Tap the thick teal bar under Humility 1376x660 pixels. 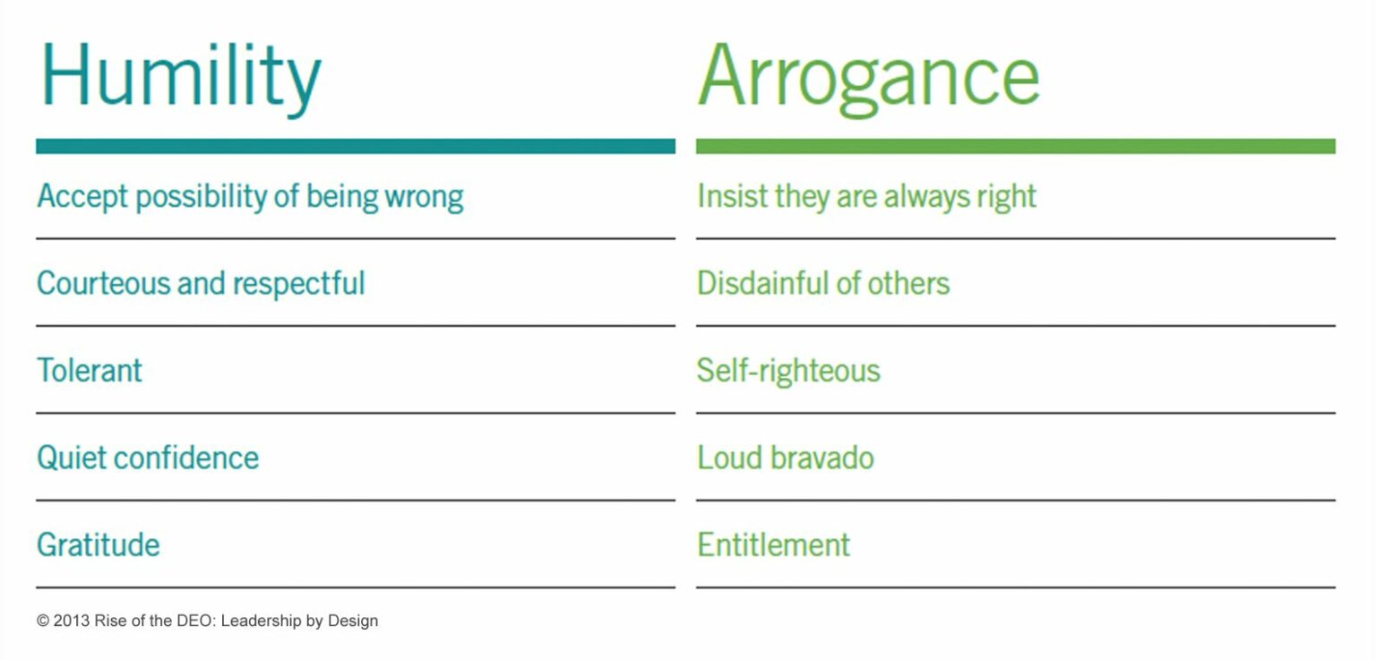coord(355,146)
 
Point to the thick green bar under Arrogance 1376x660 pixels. coord(1015,146)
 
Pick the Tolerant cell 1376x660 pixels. coord(90,370)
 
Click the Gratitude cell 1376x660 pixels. coord(99,544)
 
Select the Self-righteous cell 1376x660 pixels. coord(788,370)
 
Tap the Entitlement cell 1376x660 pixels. coord(773,544)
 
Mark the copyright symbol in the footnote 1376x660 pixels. coord(43,621)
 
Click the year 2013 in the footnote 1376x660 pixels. coord(71,621)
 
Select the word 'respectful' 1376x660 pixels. coord(298,283)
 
